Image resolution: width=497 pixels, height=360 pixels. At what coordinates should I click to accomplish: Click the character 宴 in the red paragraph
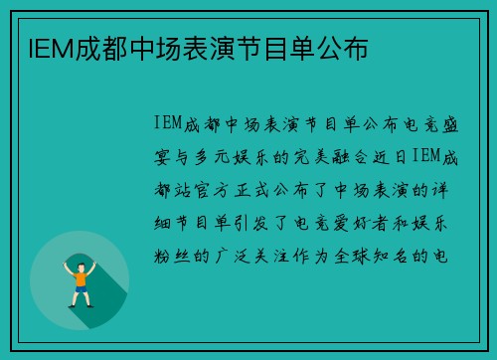[162, 155]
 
